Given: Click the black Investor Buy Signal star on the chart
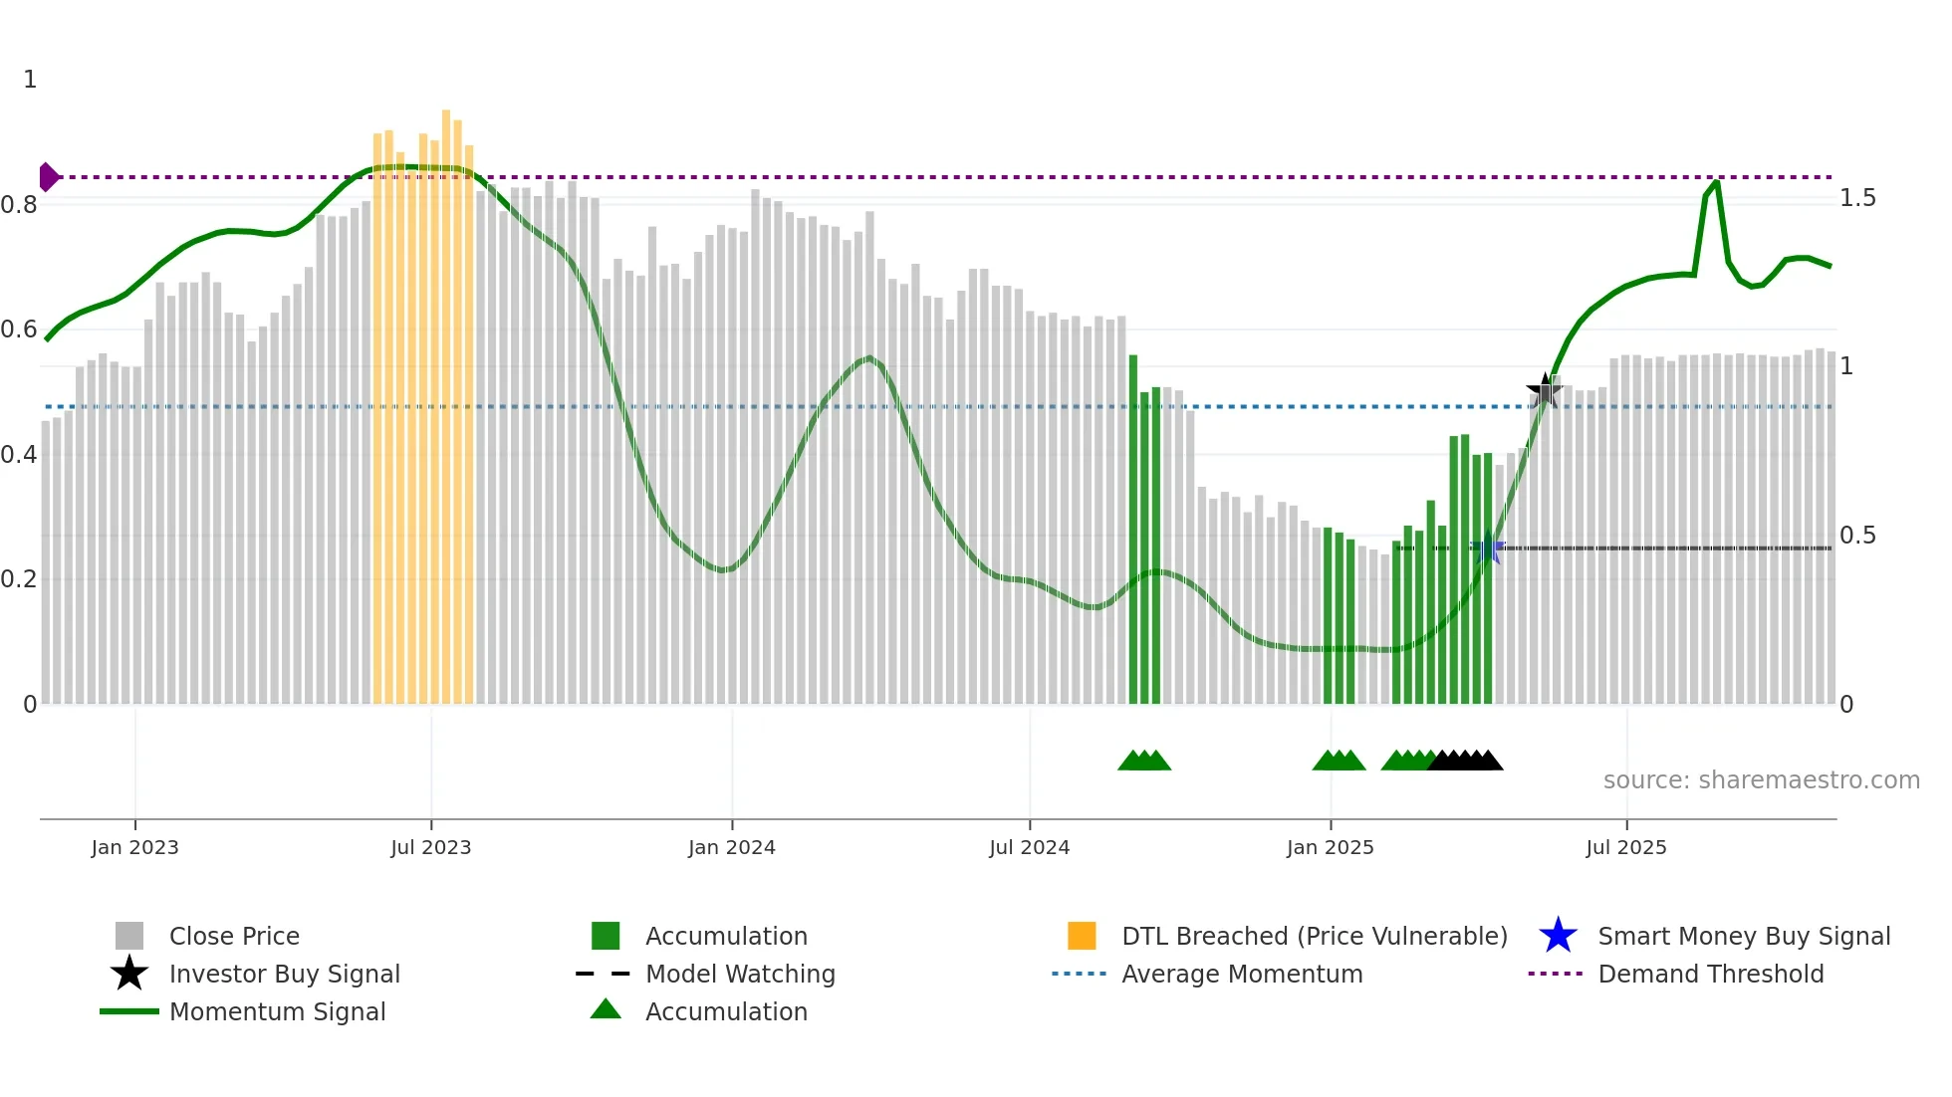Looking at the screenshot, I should point(1545,390).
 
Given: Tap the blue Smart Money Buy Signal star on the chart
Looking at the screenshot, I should point(1488,548).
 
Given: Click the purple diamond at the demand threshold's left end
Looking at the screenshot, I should point(48,177).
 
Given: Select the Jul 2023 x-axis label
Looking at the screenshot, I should point(430,847).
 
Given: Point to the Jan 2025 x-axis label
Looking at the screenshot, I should point(1330,847).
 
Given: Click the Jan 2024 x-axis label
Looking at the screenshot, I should point(731,847).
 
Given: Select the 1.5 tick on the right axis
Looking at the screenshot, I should point(1857,198).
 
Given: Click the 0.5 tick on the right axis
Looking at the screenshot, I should point(1857,536).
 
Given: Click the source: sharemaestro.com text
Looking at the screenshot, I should point(1761,780).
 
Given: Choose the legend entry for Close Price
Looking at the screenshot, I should point(234,936).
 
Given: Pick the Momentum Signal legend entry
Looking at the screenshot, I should point(277,1011).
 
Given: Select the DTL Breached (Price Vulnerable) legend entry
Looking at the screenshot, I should point(1314,936).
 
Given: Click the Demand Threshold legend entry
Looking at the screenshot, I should point(1710,974).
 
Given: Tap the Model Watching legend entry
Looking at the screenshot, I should point(740,974).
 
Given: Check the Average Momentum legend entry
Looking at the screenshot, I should point(1241,974).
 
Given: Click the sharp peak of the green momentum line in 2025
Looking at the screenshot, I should point(1716,182).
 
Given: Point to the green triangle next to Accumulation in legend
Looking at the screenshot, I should point(606,1009).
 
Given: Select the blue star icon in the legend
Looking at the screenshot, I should point(1558,936).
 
